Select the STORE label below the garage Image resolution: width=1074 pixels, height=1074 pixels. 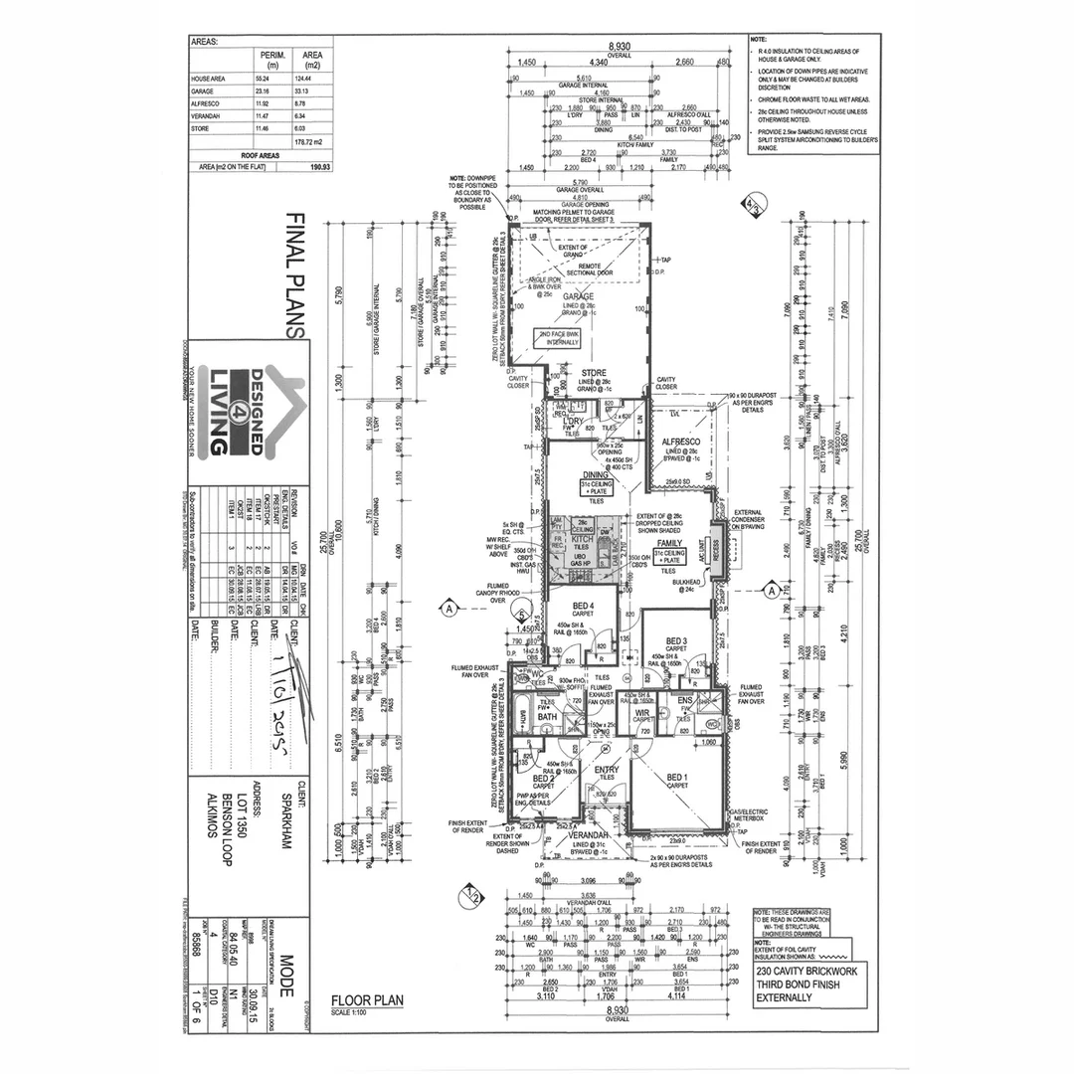[594, 375]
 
